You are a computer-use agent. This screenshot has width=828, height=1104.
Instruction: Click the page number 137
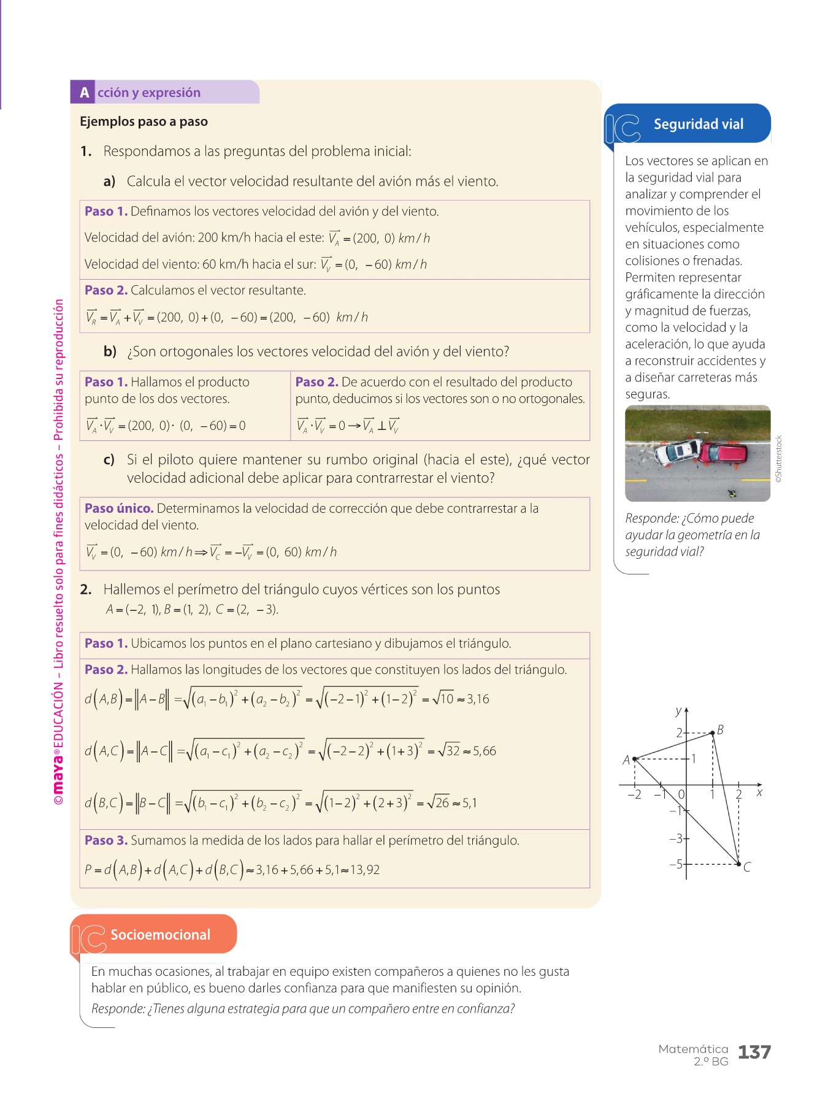(x=754, y=1052)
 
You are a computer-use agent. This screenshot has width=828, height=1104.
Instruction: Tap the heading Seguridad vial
(x=698, y=125)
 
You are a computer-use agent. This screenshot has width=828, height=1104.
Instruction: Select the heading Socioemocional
(x=160, y=935)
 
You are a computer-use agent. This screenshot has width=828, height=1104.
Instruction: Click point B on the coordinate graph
(x=712, y=732)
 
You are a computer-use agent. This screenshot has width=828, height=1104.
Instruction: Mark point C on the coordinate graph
(x=739, y=864)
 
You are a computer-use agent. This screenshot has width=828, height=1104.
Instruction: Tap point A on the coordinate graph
(x=634, y=759)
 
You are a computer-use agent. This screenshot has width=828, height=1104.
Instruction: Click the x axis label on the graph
(x=759, y=793)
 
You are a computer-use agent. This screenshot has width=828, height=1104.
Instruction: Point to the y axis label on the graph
(x=678, y=711)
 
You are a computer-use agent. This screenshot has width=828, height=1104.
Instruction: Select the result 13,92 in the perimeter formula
(x=365, y=870)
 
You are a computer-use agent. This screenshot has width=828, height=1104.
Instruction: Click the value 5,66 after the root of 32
(x=485, y=751)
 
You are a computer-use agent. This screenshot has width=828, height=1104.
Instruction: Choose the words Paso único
(x=119, y=508)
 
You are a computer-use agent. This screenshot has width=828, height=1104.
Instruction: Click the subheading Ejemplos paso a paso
(x=144, y=121)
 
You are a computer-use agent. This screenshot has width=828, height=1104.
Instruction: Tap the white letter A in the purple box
(x=84, y=93)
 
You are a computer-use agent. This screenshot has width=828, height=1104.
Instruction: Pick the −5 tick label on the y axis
(x=675, y=864)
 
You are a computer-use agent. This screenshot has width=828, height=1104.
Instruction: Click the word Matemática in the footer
(x=693, y=1049)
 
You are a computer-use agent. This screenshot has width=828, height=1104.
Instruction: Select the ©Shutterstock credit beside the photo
(x=779, y=459)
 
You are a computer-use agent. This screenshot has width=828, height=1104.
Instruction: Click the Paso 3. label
(x=106, y=840)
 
